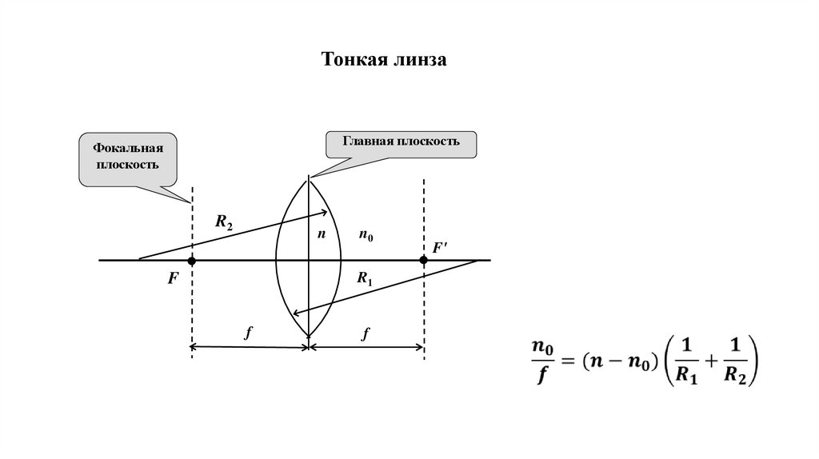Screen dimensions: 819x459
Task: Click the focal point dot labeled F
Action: [192, 261]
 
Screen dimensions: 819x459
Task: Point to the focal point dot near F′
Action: [424, 260]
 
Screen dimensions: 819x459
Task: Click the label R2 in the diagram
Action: [225, 222]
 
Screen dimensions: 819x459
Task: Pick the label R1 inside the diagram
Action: [366, 278]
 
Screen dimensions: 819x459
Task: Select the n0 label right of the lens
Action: [366, 236]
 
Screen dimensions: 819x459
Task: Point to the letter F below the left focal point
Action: [172, 282]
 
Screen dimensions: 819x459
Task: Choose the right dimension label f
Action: [366, 334]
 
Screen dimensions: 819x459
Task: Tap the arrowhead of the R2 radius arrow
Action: [326, 212]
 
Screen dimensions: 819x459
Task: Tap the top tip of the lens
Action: [309, 178]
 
